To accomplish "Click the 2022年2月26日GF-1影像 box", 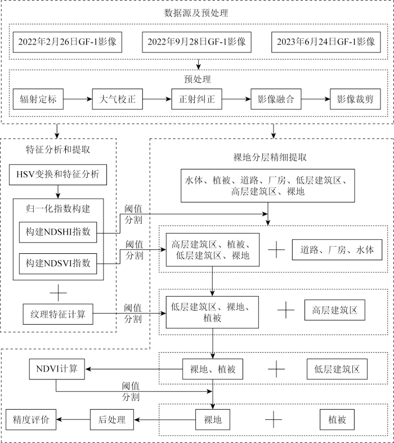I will (67, 42).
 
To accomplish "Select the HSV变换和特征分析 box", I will (58, 174).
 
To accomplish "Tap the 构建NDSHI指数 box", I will (58, 232).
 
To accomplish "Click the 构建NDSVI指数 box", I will (58, 262).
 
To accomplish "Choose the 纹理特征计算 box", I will (58, 313).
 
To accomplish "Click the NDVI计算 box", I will (57, 369).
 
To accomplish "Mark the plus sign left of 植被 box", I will (273, 419).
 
